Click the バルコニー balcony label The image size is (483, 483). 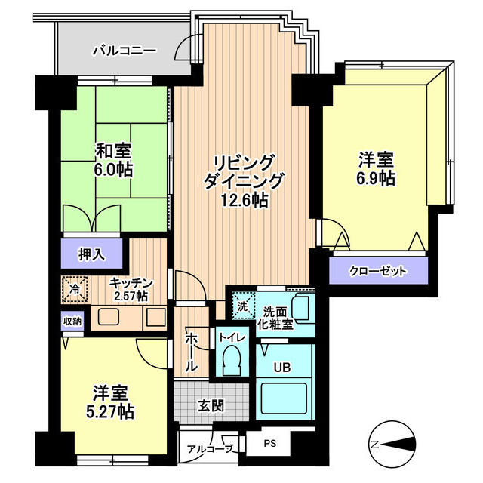pos(125,51)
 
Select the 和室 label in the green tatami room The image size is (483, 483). pos(113,152)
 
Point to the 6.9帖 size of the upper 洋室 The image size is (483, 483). pos(376,178)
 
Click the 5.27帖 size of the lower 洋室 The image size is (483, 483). pos(110,412)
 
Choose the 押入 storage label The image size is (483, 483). pos(91,254)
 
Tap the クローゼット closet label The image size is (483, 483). pos(377,272)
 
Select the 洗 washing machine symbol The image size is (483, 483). pos(243,306)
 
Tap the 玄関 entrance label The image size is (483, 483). pos(211,406)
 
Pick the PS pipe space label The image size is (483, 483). pos(270,444)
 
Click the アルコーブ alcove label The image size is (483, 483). pos(210,449)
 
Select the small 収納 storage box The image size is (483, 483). pos(72,321)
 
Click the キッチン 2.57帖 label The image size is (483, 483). pos(131,289)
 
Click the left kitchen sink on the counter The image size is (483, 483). pos(109,317)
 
